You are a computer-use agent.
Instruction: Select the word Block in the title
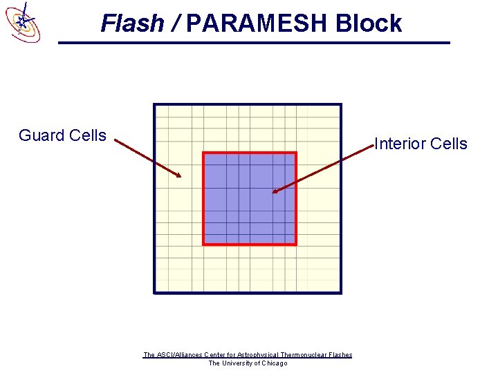pyautogui.click(x=369, y=23)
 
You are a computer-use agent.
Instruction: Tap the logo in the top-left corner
pyautogui.click(x=21, y=21)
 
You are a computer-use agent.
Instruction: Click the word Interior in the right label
pyautogui.click(x=400, y=144)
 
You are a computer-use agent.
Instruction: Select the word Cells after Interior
pyautogui.click(x=449, y=144)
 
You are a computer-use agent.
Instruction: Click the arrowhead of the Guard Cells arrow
pyautogui.click(x=180, y=176)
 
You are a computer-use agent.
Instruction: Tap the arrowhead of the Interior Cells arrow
pyautogui.click(x=274, y=191)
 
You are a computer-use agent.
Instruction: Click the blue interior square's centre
pyautogui.click(x=249, y=198)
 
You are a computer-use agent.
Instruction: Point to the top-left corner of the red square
pyautogui.click(x=203, y=153)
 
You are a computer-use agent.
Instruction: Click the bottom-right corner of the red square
pyautogui.click(x=295, y=244)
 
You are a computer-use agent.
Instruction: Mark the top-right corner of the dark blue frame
pyautogui.click(x=340, y=105)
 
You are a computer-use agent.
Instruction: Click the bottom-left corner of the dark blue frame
pyautogui.click(x=155, y=292)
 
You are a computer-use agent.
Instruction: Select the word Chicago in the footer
pyautogui.click(x=274, y=363)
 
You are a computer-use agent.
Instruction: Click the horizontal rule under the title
pyautogui.click(x=254, y=43)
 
